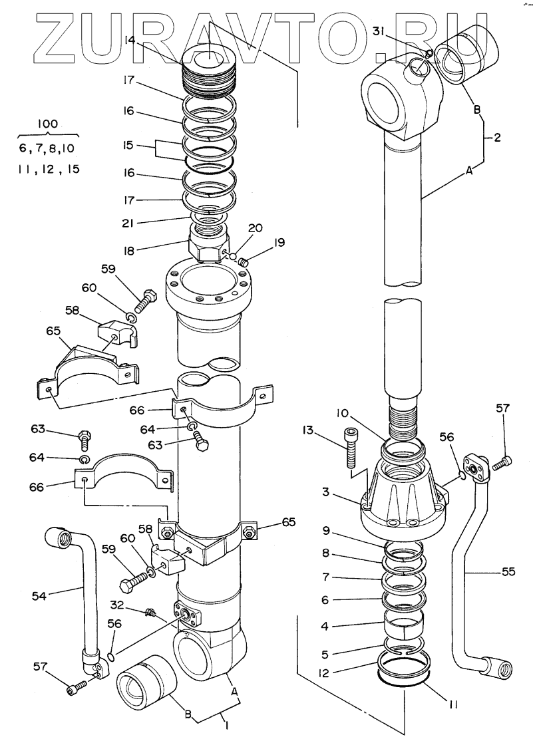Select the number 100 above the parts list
pos(49,124)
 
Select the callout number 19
pos(278,243)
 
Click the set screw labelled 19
pos(244,261)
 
